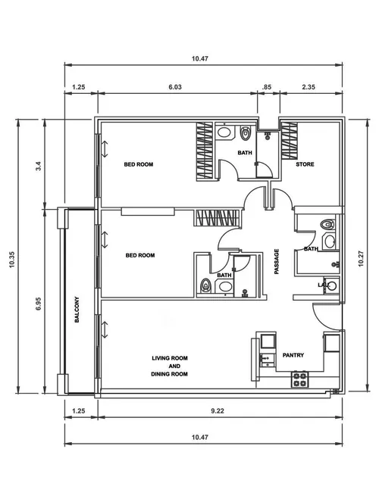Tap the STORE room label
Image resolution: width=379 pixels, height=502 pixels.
[x=305, y=164]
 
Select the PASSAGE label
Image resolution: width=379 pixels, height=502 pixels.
[x=277, y=262]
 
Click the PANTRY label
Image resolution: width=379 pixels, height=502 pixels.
[x=293, y=354]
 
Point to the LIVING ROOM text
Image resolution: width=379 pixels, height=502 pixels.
[x=170, y=357]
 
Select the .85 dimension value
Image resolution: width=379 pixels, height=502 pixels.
[x=266, y=87]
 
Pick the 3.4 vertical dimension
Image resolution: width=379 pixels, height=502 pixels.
[x=38, y=163]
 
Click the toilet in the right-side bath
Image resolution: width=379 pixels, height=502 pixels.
[x=327, y=225]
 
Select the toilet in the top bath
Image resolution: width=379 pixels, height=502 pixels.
[x=245, y=134]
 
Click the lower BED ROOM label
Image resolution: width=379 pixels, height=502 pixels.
[x=139, y=256]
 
